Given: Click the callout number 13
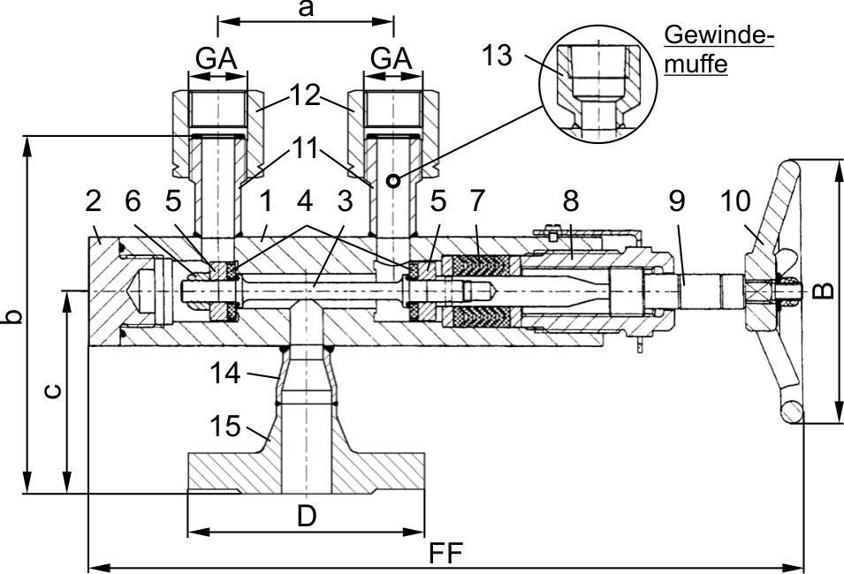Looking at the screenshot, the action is (497, 55).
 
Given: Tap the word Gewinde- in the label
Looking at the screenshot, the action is (719, 35).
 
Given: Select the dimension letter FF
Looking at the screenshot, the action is (446, 553).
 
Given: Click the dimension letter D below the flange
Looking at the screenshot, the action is (307, 516).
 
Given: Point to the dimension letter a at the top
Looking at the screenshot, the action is (306, 9).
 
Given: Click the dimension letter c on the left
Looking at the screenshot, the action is (51, 391).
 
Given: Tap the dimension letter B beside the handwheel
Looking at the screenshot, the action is (823, 291).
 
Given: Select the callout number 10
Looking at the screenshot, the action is (734, 201).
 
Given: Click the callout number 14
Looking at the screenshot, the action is (225, 373).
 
